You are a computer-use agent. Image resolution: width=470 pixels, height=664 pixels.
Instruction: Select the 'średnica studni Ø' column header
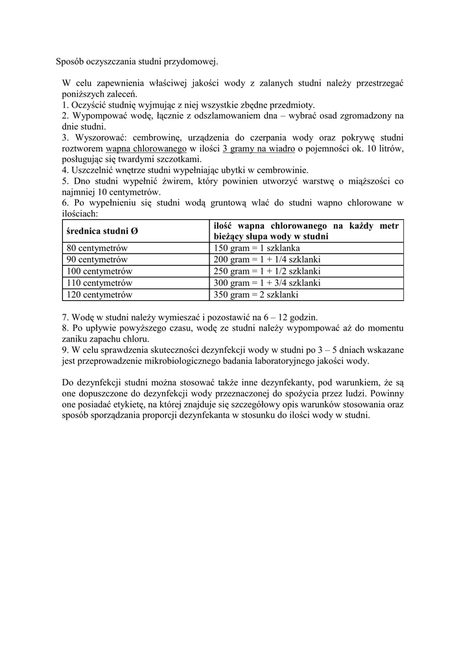pos(101,231)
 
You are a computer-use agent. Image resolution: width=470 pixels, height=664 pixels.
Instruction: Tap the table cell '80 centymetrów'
pos(97,248)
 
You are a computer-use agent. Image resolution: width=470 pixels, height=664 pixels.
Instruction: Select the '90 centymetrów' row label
pos(97,259)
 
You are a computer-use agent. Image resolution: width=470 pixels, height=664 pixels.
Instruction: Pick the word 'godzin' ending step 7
pos(303,317)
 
